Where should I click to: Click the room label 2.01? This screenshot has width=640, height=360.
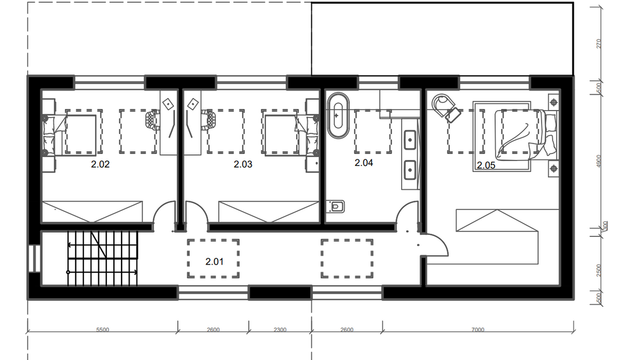[x=214, y=261]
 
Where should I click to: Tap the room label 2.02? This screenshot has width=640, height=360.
[x=100, y=164]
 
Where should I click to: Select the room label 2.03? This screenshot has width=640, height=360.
[x=243, y=164]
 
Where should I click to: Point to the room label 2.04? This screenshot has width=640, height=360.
[x=364, y=163]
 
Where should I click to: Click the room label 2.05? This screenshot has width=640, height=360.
[x=486, y=165]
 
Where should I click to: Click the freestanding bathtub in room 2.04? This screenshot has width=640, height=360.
[x=338, y=116]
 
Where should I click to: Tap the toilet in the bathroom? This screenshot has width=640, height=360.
[x=336, y=207]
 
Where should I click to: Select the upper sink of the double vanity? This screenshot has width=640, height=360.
[x=410, y=140]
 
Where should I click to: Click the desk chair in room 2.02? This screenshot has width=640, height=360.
[x=152, y=120]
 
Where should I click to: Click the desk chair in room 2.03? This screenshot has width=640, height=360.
[x=208, y=120]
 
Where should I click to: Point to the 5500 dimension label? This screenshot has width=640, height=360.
[x=103, y=330]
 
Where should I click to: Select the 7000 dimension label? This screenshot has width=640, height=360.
[x=477, y=330]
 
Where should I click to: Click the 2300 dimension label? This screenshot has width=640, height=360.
[x=280, y=330]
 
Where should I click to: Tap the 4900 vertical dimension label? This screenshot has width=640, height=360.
[x=599, y=161]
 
